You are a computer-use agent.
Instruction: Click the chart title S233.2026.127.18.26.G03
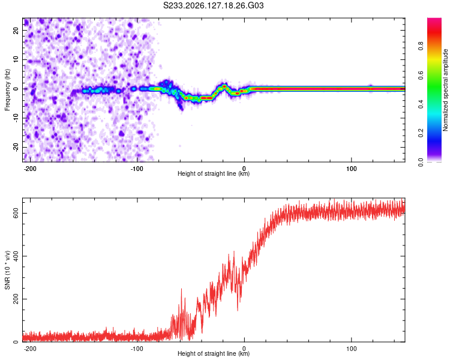coord(213,5)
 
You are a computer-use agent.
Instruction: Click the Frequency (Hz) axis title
coord(7,90)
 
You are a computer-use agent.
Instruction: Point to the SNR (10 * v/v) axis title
coord(7,270)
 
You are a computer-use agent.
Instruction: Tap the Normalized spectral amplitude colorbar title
coord(445,90)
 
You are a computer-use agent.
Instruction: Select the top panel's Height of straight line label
coord(214,173)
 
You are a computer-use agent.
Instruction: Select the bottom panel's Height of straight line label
coord(214,353)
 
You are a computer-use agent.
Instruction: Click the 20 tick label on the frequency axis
coord(16,31)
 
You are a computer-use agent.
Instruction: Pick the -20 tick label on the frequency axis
coord(16,147)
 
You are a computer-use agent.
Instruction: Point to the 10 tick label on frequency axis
coord(16,59)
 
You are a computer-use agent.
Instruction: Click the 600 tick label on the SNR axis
coord(16,214)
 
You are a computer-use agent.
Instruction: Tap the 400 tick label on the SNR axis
coord(16,256)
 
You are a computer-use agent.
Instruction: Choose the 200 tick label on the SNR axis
coord(16,299)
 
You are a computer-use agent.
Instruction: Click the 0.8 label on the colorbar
coord(421,46)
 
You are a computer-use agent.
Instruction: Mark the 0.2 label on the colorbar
coord(421,133)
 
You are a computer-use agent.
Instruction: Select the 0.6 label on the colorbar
coord(421,75)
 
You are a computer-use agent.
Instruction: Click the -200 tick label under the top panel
coord(30,169)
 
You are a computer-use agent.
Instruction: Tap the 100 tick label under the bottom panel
coord(351,349)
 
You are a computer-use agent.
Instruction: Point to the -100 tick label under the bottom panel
coord(137,349)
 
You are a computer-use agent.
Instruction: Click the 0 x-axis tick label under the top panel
coord(244,169)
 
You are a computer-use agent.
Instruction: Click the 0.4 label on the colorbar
coord(421,104)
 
